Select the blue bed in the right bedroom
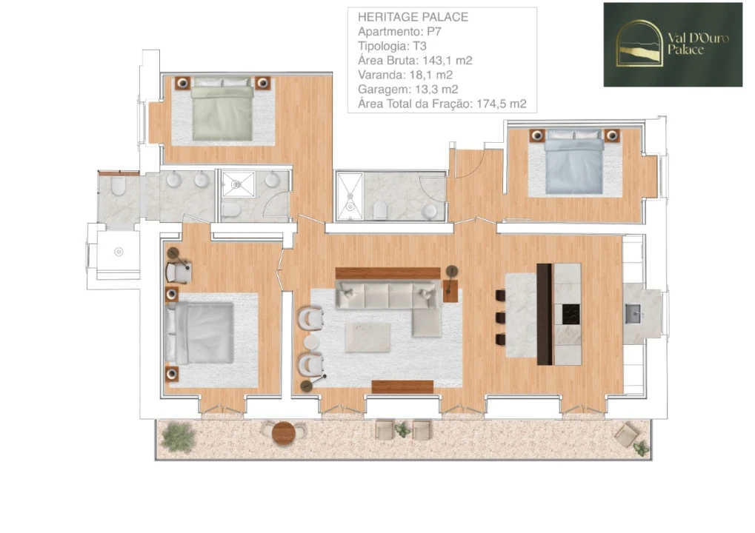(x=574, y=163)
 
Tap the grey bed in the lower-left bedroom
(x=199, y=332)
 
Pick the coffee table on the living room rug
(x=367, y=337)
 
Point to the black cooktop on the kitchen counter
(x=571, y=315)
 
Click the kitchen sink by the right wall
(x=634, y=314)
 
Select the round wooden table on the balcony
(x=283, y=432)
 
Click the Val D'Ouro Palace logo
(x=673, y=44)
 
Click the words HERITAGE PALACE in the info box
(x=413, y=17)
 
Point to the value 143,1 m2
(x=447, y=60)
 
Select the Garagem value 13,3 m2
(x=433, y=89)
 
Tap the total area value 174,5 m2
(x=502, y=104)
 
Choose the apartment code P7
(x=434, y=31)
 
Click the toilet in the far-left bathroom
(x=118, y=187)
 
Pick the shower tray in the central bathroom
(x=350, y=196)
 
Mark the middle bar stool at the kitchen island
(x=500, y=318)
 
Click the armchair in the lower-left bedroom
(x=179, y=272)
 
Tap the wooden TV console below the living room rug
(x=402, y=386)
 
